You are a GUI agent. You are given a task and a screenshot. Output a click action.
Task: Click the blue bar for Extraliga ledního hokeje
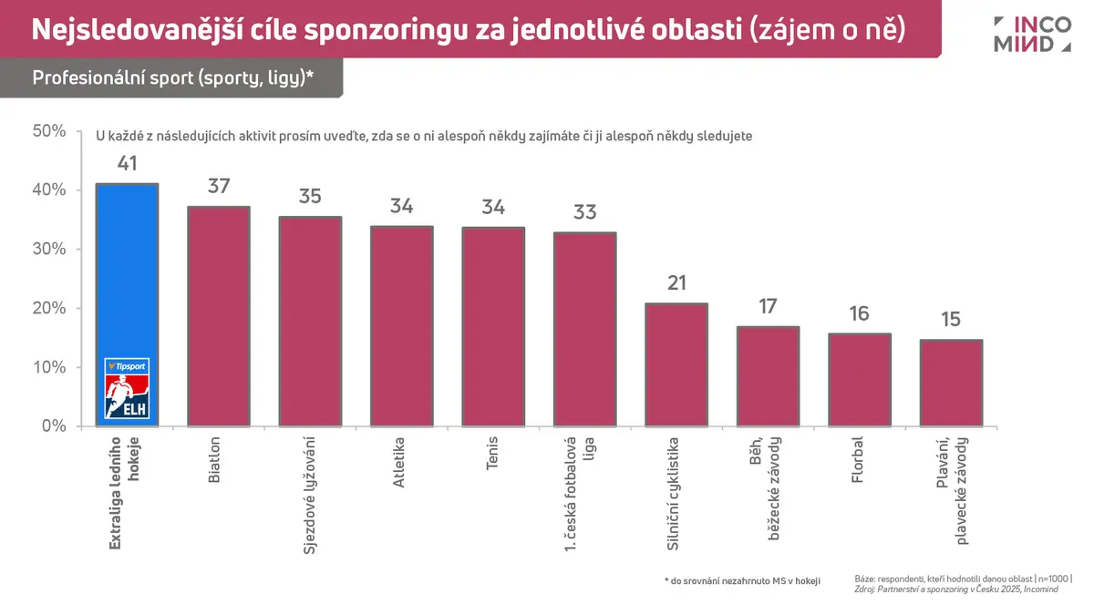[x=127, y=305]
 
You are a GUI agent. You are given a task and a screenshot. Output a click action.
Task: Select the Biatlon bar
[x=219, y=316]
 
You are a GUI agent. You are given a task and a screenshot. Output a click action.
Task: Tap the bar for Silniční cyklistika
[x=676, y=364]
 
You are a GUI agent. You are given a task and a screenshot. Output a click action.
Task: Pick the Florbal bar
[x=860, y=380]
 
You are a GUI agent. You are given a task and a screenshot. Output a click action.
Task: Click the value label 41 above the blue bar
[x=127, y=163]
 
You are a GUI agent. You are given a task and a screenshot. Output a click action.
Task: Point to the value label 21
[x=676, y=283]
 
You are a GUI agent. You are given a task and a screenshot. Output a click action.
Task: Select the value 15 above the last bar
[x=951, y=319]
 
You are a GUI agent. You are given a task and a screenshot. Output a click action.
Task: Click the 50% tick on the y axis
[x=49, y=131]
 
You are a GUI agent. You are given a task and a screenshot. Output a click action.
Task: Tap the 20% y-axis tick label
[x=49, y=308]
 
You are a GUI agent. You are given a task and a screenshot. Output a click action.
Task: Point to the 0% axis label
[x=54, y=426]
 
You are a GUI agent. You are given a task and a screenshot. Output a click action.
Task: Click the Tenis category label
[x=491, y=453]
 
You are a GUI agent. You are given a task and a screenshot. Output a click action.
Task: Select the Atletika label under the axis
[x=399, y=462]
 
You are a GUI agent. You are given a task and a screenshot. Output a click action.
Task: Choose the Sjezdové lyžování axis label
[x=310, y=496]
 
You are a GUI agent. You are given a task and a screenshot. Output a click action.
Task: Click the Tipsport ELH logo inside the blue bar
[x=127, y=388]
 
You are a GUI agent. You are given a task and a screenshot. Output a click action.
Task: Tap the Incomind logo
[x=1032, y=35]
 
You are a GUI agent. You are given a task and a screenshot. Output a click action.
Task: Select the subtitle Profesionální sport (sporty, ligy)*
[x=172, y=77]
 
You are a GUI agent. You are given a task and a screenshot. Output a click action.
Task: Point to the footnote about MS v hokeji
[x=742, y=581]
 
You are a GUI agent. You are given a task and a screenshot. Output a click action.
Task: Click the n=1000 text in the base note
[x=1053, y=579]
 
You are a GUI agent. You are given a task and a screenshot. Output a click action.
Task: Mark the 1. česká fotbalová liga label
[x=578, y=494]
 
